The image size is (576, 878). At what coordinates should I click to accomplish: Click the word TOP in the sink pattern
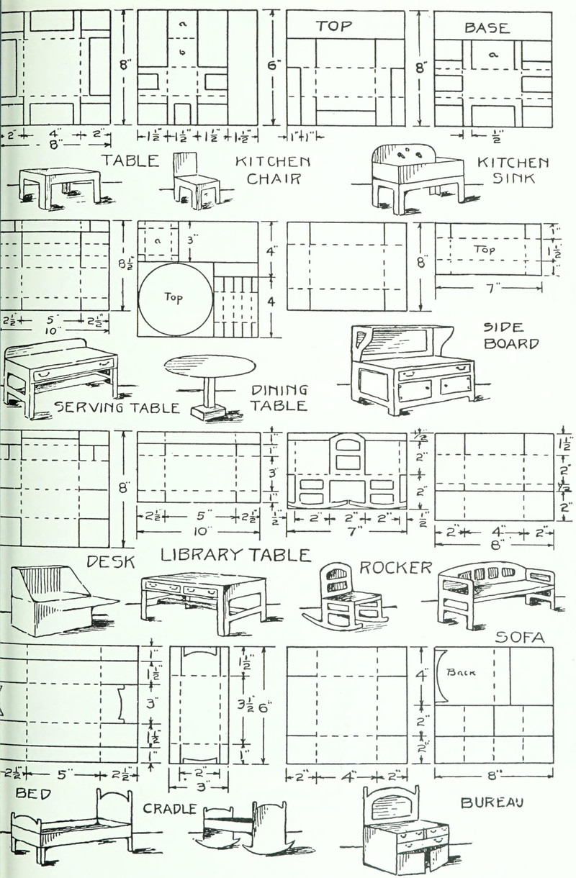[334, 27]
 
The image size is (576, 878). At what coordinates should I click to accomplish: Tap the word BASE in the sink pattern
[487, 28]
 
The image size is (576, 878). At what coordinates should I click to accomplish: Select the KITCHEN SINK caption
[513, 171]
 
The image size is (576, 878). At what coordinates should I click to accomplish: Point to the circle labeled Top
[176, 296]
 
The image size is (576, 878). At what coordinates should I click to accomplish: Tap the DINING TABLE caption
[279, 398]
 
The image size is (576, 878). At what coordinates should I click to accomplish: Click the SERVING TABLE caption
[117, 408]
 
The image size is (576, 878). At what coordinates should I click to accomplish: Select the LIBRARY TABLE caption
[235, 556]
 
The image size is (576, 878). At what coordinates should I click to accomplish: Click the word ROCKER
[395, 568]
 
